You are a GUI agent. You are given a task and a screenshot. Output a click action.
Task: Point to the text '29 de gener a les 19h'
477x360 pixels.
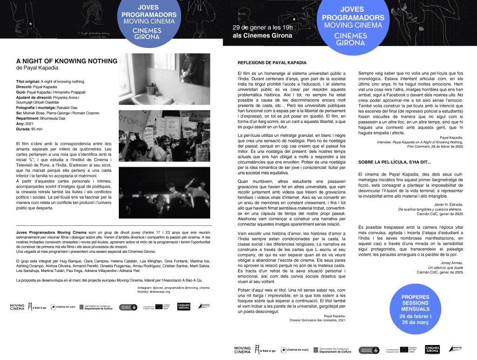263,27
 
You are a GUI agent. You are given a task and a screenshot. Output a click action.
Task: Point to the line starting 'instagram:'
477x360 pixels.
168,289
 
